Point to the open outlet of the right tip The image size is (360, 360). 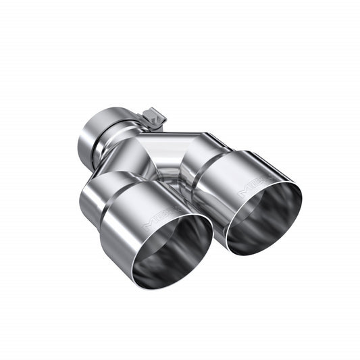[x=266, y=217]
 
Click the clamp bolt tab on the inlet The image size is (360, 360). [x=155, y=118]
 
